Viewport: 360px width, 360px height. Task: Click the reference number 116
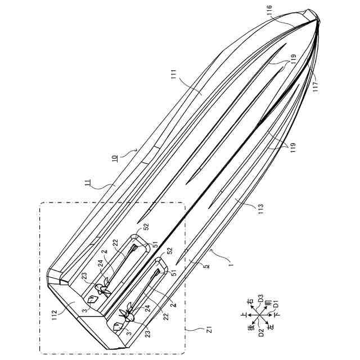[x=269, y=10]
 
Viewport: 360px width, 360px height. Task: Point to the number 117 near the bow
[x=316, y=87]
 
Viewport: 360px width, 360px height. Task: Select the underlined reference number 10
[x=115, y=159]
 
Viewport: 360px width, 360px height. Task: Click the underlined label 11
[x=88, y=184]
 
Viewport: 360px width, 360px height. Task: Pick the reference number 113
[x=260, y=209]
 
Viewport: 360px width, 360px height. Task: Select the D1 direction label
[x=276, y=305]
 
